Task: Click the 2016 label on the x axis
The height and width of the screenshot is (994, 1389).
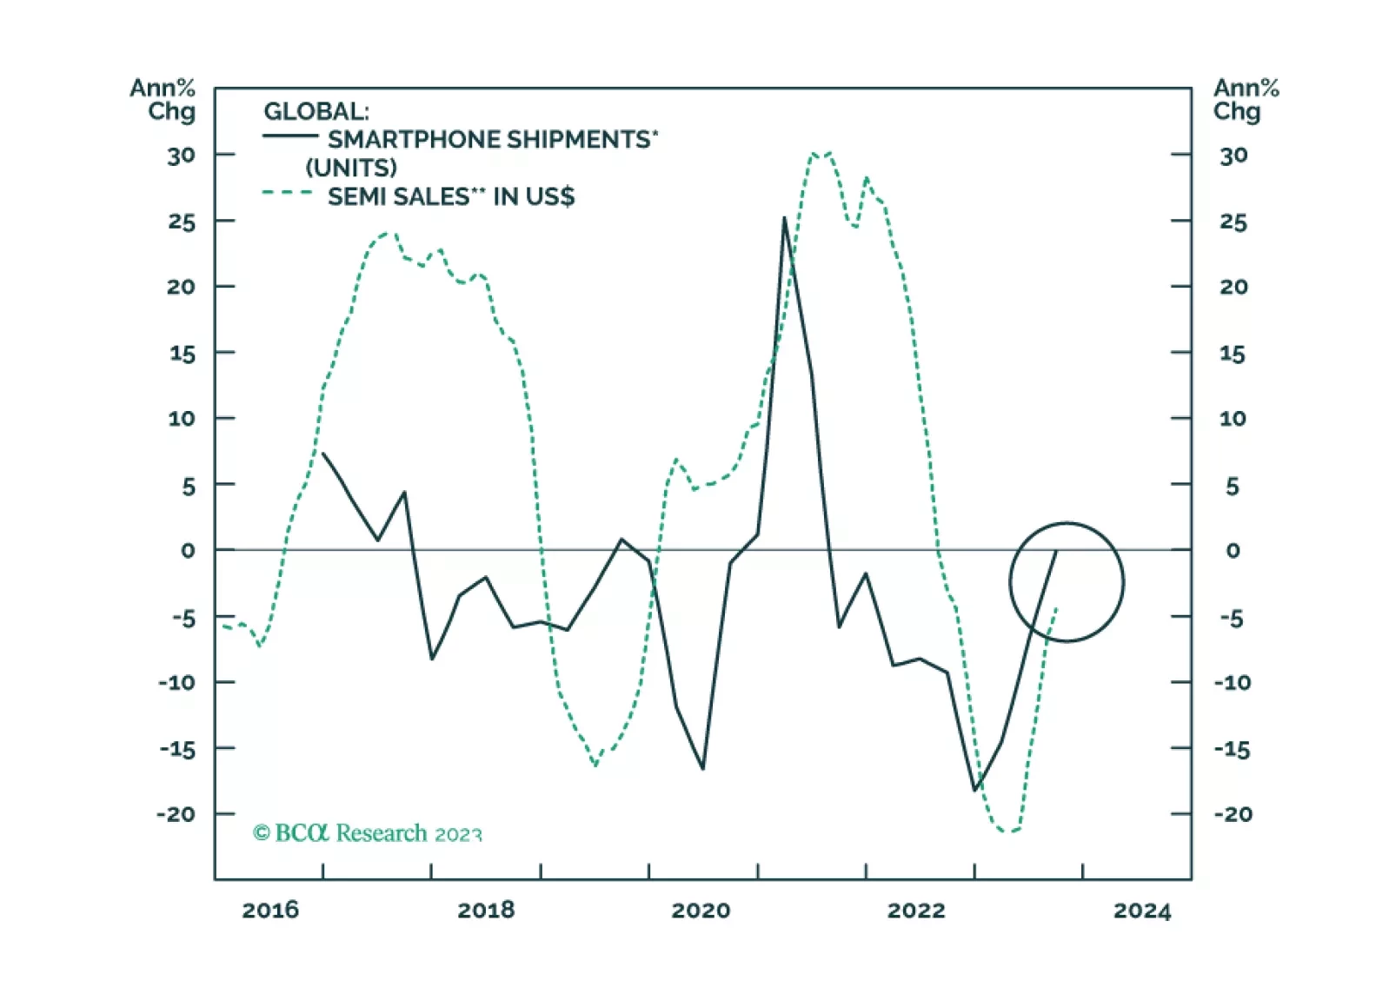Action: click(269, 910)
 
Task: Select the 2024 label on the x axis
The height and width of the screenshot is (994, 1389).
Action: click(1142, 910)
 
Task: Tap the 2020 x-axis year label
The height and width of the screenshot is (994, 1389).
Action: click(701, 910)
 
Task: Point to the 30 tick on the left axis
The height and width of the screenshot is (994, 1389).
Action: click(181, 156)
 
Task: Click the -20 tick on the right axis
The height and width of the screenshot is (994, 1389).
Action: click(1233, 814)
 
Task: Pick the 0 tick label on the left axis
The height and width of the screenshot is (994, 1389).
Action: click(188, 550)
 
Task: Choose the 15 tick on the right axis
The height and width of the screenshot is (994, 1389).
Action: click(1232, 354)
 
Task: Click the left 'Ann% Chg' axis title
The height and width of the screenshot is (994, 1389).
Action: click(163, 99)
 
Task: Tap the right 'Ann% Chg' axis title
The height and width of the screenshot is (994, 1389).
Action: click(1246, 99)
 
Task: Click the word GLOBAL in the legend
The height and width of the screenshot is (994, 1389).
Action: click(316, 111)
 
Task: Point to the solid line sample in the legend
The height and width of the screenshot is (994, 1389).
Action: click(290, 136)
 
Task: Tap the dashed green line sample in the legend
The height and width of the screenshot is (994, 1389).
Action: click(288, 193)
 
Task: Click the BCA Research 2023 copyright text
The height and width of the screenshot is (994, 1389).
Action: click(367, 833)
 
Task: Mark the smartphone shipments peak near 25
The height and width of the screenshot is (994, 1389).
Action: click(784, 218)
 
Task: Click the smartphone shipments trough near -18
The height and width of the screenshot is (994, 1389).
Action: click(975, 790)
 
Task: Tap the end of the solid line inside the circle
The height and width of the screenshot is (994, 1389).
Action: click(1056, 550)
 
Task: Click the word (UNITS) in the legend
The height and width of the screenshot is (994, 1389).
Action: click(351, 168)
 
